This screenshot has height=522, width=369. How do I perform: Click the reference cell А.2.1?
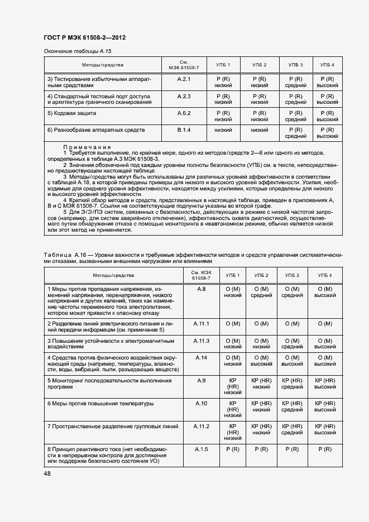[184, 79]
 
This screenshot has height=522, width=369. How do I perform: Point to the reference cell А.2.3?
[184, 96]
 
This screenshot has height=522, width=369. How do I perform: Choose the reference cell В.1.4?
[184, 130]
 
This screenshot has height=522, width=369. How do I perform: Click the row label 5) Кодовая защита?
[72, 113]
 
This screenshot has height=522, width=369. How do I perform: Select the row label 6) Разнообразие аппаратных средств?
[96, 130]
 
